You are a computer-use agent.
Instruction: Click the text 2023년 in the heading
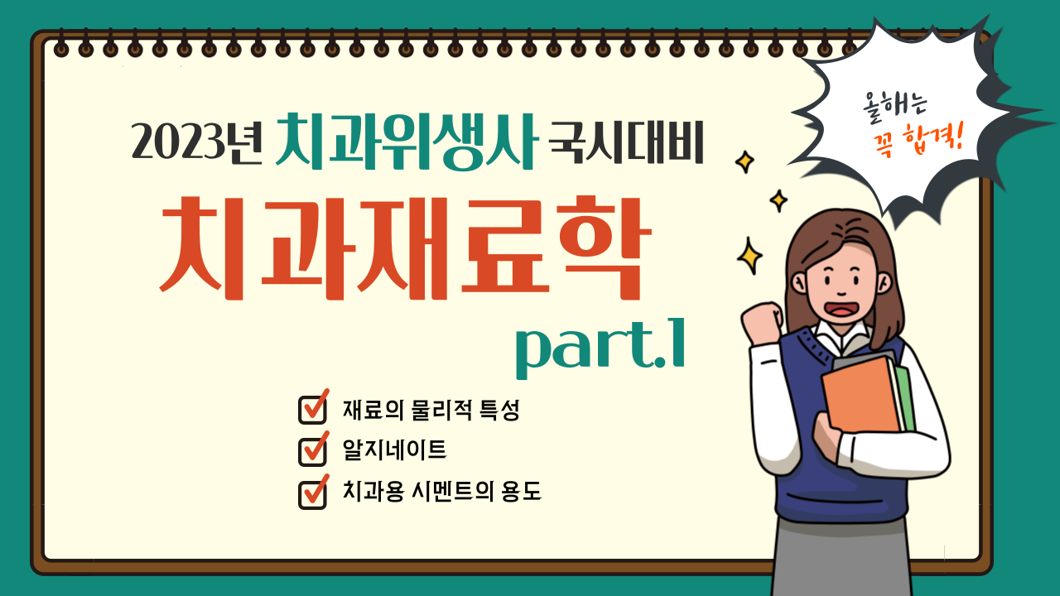pyautogui.click(x=196, y=141)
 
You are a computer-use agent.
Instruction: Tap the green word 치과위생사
pyautogui.click(x=407, y=141)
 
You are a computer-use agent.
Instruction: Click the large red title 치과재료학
pyautogui.click(x=406, y=248)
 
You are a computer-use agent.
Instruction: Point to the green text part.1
pyautogui.click(x=600, y=347)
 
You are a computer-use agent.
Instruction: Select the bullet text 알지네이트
pyautogui.click(x=395, y=449)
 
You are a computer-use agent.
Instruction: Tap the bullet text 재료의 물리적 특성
pyautogui.click(x=431, y=410)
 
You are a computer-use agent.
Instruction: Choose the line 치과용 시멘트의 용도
pyautogui.click(x=441, y=491)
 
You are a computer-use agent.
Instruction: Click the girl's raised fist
pyautogui.click(x=762, y=323)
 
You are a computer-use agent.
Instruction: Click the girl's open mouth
pyautogui.click(x=841, y=310)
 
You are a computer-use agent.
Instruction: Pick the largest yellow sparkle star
pyautogui.click(x=749, y=257)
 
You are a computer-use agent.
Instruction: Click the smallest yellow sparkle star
pyautogui.click(x=778, y=200)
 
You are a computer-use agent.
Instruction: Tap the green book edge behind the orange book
pyautogui.click(x=905, y=398)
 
